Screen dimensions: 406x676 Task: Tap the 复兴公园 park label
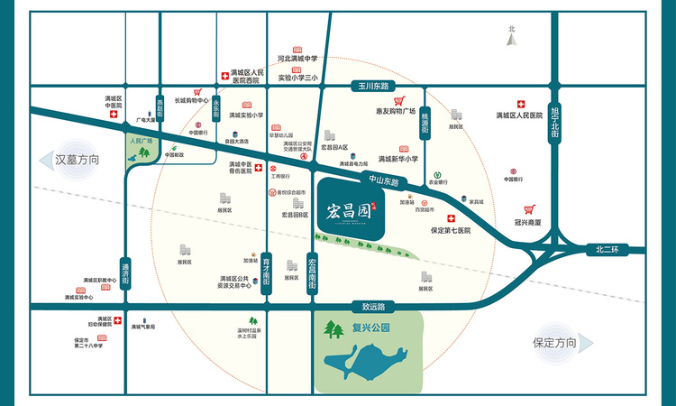tap(370, 329)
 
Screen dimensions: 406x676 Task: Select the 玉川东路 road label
tap(370, 86)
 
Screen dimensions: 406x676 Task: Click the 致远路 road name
tap(361, 305)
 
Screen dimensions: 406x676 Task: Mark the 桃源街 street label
tap(425, 121)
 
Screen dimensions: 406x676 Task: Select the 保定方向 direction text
tap(554, 343)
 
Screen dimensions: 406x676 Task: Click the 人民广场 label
tap(142, 142)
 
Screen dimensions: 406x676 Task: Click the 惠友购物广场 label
tap(402, 112)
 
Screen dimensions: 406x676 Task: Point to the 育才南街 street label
tap(267, 272)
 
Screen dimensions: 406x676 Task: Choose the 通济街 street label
tap(126, 273)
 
